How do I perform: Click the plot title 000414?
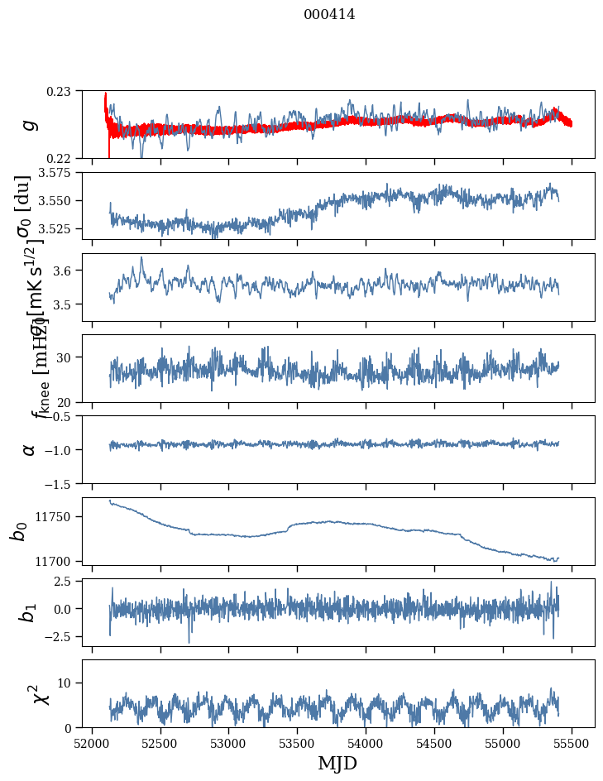coord(329,14)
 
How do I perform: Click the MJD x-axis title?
coord(337,764)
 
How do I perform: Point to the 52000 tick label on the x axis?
coord(92,742)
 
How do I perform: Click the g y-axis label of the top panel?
coord(29,124)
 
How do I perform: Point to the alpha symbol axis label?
coord(29,448)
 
